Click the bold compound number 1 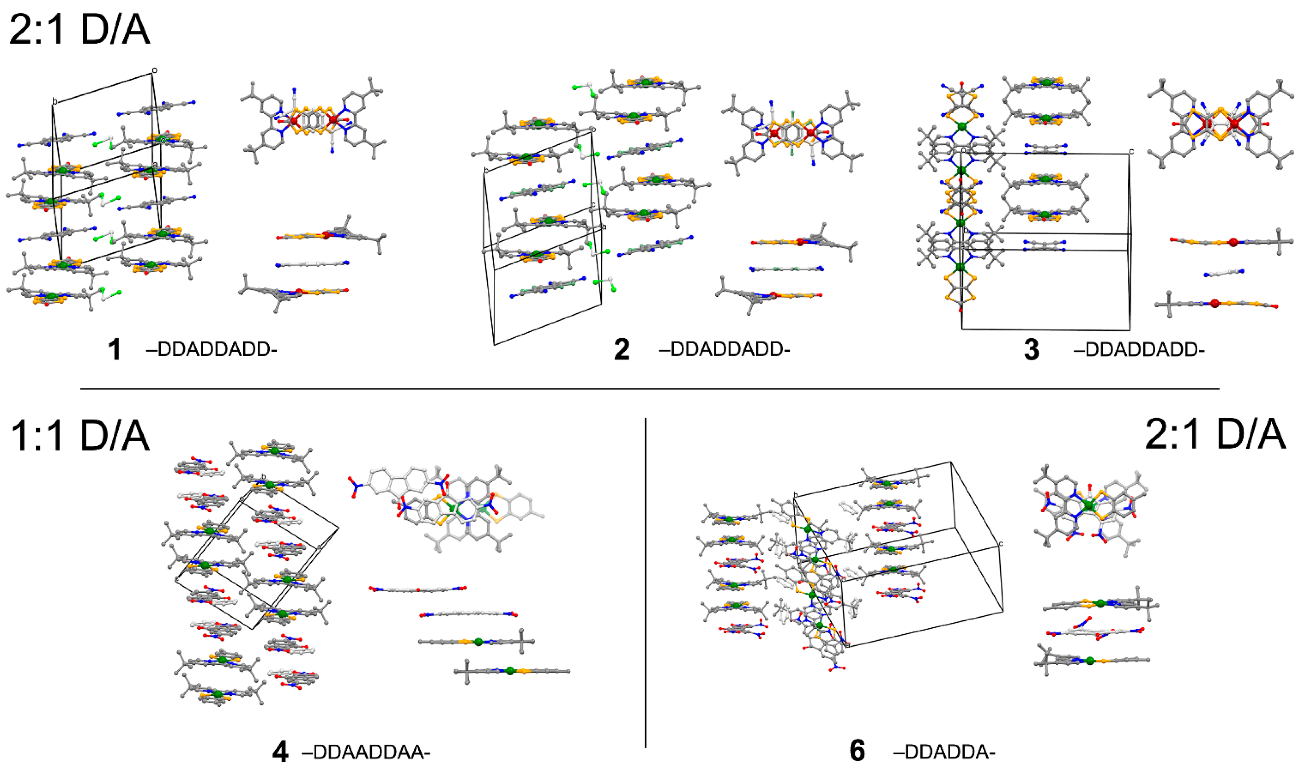point(115,349)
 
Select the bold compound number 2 point(621,349)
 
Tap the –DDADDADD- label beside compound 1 point(211,349)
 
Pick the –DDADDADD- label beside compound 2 point(724,349)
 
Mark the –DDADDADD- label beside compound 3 point(1139,349)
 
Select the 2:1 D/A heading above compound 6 point(1215,434)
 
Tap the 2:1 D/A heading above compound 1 point(80,30)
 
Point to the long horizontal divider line point(649,389)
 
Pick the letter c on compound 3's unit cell point(1131,152)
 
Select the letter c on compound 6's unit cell point(1000,544)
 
